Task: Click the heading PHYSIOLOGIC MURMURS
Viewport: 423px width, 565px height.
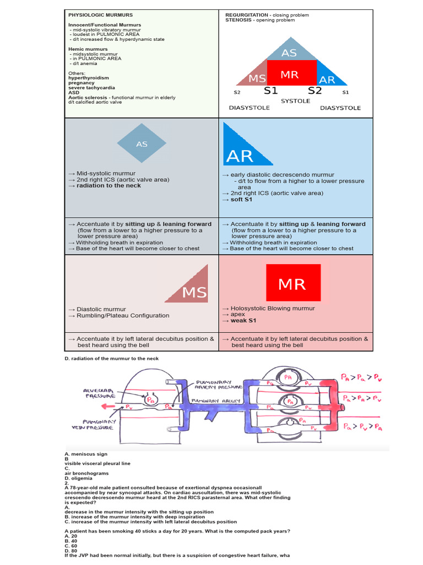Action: pyautogui.click(x=100, y=14)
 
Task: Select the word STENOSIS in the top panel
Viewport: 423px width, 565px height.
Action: pyautogui.click(x=238, y=20)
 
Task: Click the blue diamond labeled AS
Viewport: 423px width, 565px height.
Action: pyautogui.click(x=142, y=144)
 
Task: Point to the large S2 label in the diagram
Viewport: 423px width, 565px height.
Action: pyautogui.click(x=314, y=90)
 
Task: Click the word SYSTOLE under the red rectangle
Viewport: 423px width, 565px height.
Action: pyautogui.click(x=295, y=101)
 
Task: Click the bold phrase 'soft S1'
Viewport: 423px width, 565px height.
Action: pyautogui.click(x=241, y=200)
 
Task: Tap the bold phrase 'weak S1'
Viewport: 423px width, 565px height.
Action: pyautogui.click(x=243, y=321)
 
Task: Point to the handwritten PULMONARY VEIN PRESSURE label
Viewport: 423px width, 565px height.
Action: pyautogui.click(x=101, y=424)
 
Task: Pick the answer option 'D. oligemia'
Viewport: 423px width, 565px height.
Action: pyautogui.click(x=81, y=478)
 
